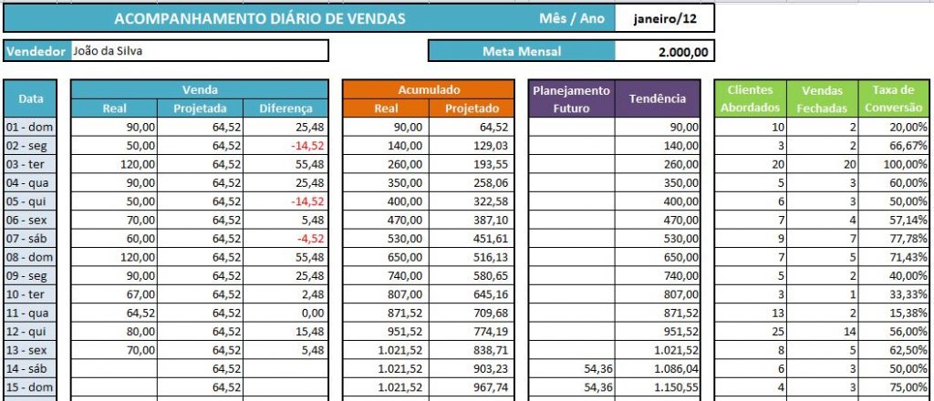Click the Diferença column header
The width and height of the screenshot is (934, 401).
coord(285,108)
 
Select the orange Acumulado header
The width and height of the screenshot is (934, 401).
coord(429,90)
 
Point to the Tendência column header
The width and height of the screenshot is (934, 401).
coord(658,98)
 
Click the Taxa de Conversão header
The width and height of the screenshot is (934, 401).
coord(894,98)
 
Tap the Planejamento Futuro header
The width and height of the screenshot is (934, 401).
coord(572,98)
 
